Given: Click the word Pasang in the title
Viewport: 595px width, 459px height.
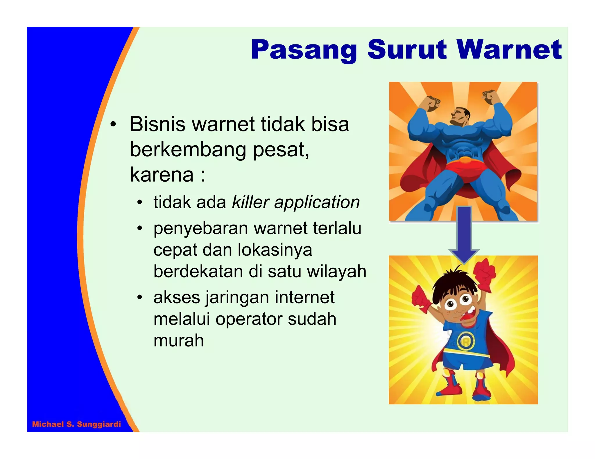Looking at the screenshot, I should (x=304, y=50).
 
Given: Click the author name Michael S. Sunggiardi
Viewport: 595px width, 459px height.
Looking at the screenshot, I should (x=76, y=424).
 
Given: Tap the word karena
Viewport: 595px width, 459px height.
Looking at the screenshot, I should (x=162, y=175).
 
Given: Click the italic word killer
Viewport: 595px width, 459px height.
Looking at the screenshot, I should (x=250, y=202).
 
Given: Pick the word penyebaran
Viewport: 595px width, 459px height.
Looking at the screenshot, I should (x=200, y=228).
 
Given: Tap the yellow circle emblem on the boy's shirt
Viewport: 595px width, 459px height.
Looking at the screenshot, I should (x=466, y=341).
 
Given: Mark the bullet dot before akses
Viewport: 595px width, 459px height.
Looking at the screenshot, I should (x=140, y=297).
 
